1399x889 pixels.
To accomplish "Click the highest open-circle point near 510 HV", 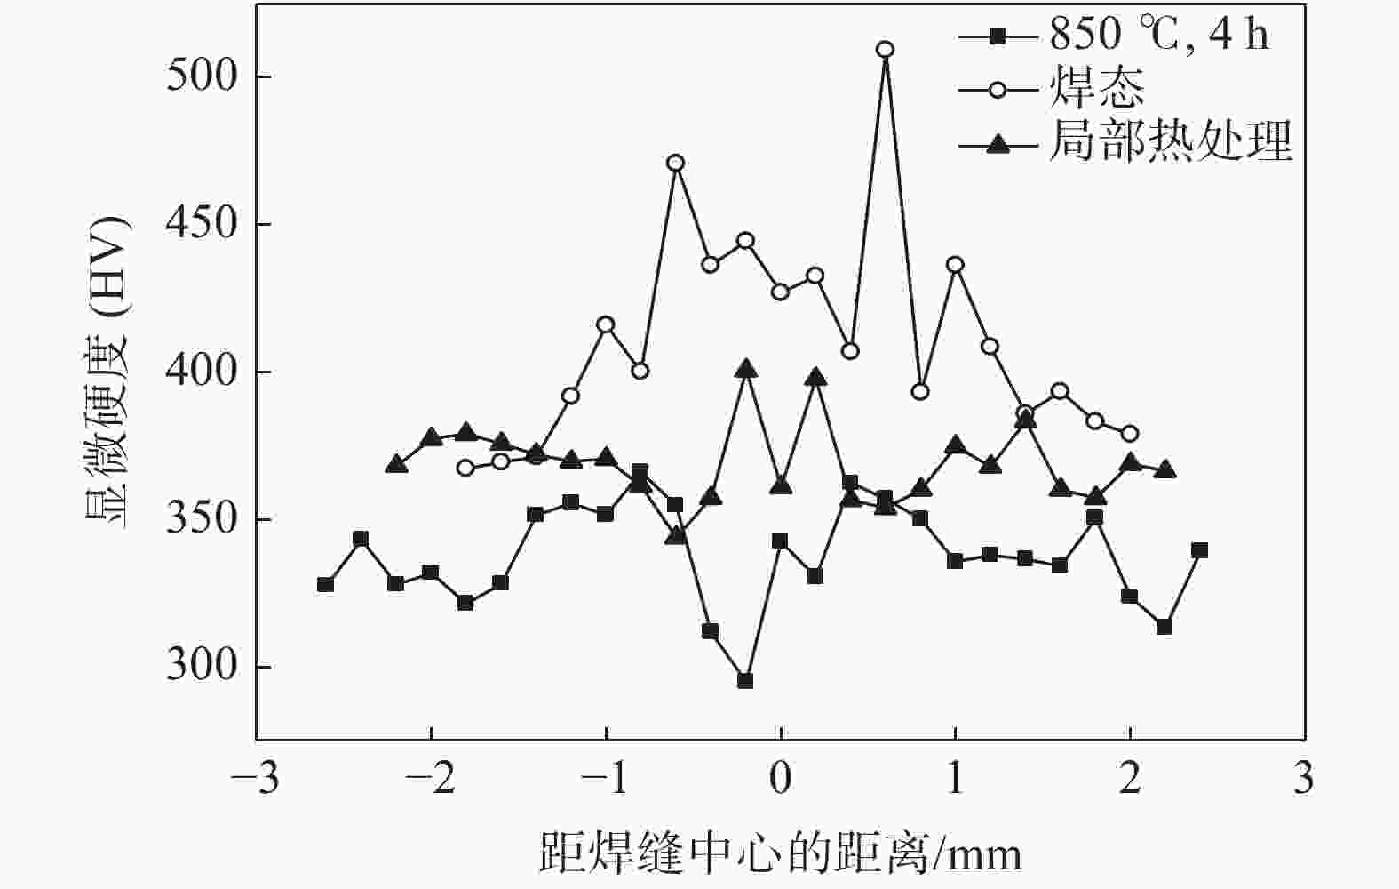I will [885, 49].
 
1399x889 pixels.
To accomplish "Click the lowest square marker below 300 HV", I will [745, 681].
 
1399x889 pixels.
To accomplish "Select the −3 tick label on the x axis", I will [255, 781].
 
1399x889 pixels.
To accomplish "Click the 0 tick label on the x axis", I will [780, 781].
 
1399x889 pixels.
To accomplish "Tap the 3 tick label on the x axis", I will [1303, 781].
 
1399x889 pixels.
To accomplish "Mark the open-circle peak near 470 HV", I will [675, 163].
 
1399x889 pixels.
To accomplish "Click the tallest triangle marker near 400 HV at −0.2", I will [745, 369].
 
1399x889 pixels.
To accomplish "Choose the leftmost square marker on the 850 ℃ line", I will [325, 584].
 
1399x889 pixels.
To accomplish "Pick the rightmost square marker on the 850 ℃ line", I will [1199, 550].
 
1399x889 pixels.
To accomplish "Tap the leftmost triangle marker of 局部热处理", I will [396, 464].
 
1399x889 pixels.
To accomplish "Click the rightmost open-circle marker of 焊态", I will [1130, 434].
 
